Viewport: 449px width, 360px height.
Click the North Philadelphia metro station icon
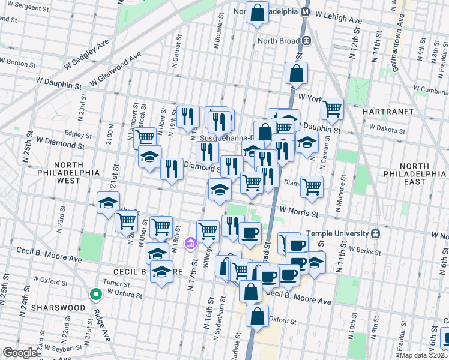coord(306,11)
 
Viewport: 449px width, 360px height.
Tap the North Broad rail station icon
coord(307,41)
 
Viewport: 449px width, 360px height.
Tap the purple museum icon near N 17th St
coord(191,243)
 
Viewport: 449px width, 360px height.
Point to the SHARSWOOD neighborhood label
coord(59,308)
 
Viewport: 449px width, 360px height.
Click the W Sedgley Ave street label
coord(87,52)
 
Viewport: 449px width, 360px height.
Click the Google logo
coord(20,353)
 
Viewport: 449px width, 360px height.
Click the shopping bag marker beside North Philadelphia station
coord(257,13)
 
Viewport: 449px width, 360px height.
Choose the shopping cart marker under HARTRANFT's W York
coord(332,109)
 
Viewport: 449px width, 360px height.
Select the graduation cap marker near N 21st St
coord(109,203)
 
